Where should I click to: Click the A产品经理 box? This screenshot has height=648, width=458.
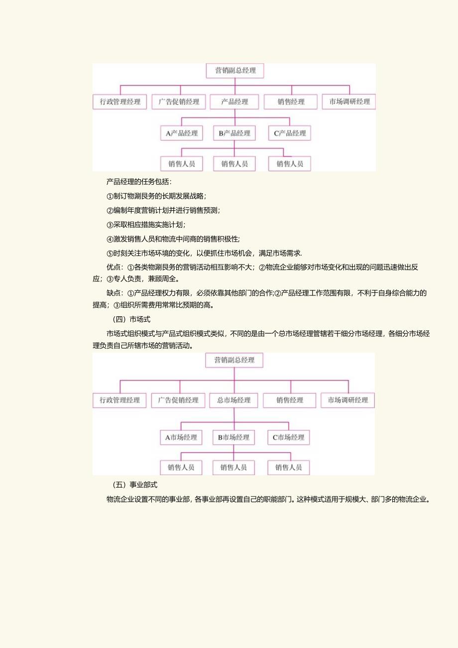[x=182, y=133]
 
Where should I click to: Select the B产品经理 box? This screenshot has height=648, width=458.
[x=234, y=133]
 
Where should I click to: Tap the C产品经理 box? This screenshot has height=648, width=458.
[x=289, y=133]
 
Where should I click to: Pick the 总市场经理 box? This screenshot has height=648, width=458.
[x=233, y=400]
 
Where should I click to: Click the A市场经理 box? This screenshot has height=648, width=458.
[x=181, y=438]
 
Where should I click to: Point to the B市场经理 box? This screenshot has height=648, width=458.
[x=233, y=438]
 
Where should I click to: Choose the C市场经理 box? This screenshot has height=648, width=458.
[x=289, y=438]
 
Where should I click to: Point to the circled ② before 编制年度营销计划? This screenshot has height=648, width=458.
[x=110, y=211]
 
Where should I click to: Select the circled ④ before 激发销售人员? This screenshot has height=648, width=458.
[x=110, y=239]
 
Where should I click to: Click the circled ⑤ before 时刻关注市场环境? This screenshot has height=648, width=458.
[x=110, y=253]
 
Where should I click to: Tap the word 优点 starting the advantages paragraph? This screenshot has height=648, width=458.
[x=114, y=267]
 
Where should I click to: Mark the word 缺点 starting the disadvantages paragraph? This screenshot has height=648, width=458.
[x=114, y=293]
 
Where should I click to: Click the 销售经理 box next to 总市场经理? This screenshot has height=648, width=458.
[x=290, y=400]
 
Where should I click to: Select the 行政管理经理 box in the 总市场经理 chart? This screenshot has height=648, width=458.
[x=119, y=400]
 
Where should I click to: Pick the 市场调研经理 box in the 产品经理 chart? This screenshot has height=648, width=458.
[x=348, y=102]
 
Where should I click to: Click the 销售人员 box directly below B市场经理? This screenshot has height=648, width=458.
[x=233, y=468]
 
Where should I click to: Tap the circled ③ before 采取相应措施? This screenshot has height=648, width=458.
[x=110, y=225]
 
